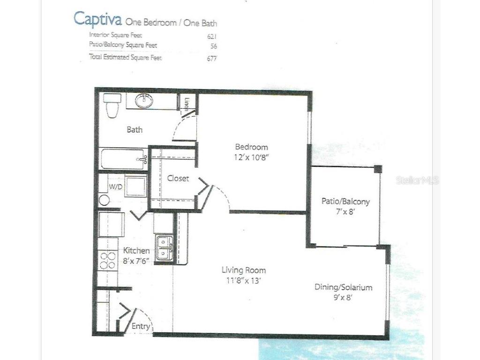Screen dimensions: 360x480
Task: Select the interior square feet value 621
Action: [x=212, y=36]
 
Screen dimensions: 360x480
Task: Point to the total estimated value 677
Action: [x=212, y=59]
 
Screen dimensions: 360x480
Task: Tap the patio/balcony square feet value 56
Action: [x=214, y=46]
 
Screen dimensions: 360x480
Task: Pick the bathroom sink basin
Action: [x=143, y=100]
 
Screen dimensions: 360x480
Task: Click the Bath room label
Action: [x=135, y=130]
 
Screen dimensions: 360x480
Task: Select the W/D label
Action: [x=116, y=187]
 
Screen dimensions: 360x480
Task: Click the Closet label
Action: [x=178, y=179]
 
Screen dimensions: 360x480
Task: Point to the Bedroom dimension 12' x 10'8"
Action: [x=251, y=157]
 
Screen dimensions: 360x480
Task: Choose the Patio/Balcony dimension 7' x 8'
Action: [x=346, y=211]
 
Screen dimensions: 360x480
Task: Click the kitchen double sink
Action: [x=164, y=248]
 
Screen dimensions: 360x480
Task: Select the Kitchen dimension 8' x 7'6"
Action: [x=136, y=261]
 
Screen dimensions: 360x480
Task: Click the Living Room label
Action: [x=244, y=270]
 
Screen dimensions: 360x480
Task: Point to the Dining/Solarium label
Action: [x=343, y=287]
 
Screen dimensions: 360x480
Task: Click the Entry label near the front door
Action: [x=141, y=326]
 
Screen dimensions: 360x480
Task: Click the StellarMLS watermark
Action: [x=417, y=180]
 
